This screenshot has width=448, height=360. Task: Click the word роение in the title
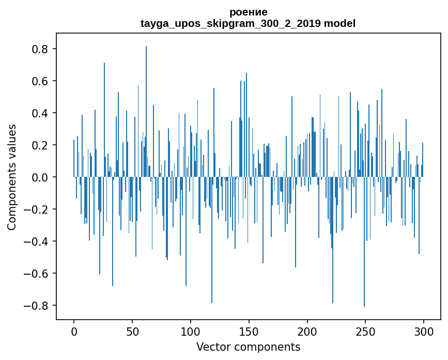(248, 12)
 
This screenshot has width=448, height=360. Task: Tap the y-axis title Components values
(12, 177)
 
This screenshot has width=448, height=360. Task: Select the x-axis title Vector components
(248, 347)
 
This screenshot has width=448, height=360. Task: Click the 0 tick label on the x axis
(74, 330)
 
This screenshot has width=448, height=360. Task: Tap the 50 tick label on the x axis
(132, 330)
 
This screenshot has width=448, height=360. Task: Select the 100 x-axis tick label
(191, 330)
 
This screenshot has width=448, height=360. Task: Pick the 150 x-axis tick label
(249, 330)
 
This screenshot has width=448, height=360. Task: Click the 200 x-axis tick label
(307, 330)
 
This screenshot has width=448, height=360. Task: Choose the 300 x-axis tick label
(424, 330)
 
